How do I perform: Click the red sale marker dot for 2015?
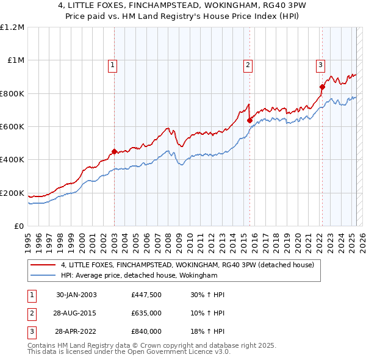[249, 121]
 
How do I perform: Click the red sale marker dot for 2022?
[322, 87]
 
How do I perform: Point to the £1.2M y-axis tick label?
[12, 27]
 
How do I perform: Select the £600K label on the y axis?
[12, 127]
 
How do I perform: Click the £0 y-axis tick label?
[19, 226]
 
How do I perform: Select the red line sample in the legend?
[43, 265]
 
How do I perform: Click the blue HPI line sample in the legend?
[43, 276]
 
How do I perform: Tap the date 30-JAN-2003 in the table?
[76, 295]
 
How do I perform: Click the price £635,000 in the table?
[146, 314]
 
